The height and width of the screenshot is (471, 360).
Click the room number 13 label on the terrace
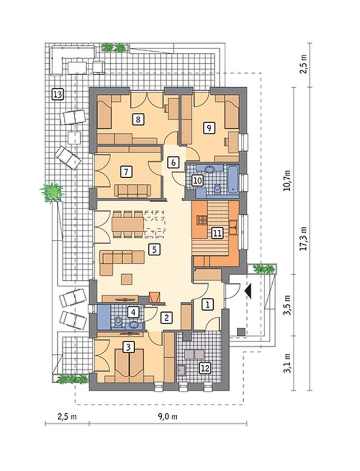pos(57,95)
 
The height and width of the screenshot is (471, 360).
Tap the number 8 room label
pos(137,119)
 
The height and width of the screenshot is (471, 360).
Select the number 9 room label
pos(209,128)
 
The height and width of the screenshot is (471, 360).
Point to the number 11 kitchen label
pos(217,233)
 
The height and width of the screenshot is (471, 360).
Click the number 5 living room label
pos(154,249)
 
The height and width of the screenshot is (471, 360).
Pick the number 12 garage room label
pos(206,367)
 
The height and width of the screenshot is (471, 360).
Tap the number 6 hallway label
pos(173,162)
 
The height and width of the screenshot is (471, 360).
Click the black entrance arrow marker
pos(248,291)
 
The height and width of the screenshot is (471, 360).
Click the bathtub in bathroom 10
pos(233,179)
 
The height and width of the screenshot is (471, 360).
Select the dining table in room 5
pos(128,224)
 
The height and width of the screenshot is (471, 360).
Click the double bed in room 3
pos(129,365)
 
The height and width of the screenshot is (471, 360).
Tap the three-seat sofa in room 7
pos(133,191)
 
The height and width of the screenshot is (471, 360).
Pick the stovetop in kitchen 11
pos(202,220)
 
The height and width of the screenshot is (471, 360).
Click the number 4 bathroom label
pos(134,312)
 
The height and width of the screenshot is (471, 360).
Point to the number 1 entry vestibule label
pos(207,304)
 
